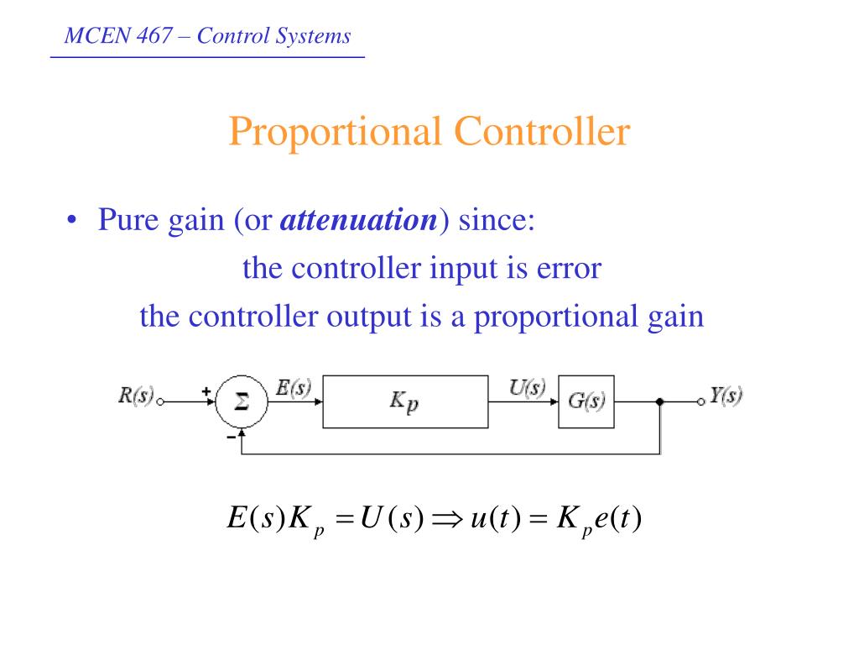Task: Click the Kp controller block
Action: click(x=404, y=402)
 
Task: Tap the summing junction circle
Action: click(x=241, y=402)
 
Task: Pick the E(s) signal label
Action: click(x=294, y=388)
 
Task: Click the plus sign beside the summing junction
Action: click(x=206, y=390)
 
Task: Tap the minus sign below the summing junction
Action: click(x=230, y=437)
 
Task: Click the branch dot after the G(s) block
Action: click(x=660, y=402)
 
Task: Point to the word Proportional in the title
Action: click(x=336, y=133)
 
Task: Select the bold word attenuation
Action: click(x=359, y=221)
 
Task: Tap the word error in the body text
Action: click(x=570, y=269)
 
